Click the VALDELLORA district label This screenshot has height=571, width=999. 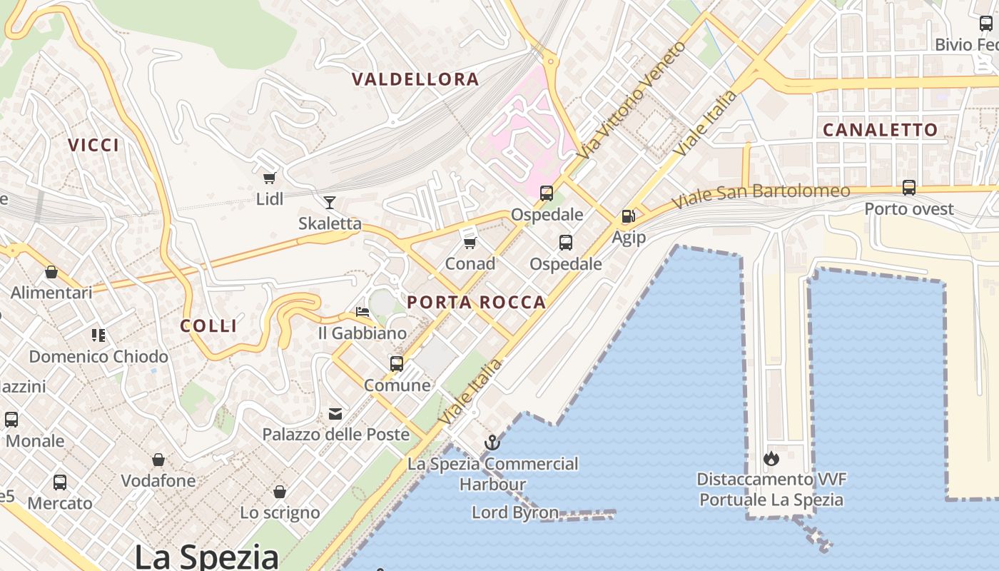click(x=415, y=79)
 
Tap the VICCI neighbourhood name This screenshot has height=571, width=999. click(x=93, y=145)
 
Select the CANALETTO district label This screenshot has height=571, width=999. click(x=880, y=130)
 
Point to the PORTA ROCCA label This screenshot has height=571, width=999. click(x=477, y=302)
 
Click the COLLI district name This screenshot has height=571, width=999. click(x=208, y=326)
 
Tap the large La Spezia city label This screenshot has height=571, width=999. click(x=207, y=555)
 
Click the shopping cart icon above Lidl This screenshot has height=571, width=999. click(x=269, y=178)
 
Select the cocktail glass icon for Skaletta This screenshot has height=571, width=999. click(x=330, y=202)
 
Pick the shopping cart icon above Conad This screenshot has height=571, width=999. click(x=470, y=243)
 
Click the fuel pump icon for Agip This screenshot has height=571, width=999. click(x=629, y=216)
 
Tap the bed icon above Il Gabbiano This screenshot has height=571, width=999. click(x=362, y=312)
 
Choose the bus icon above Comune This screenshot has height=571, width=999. click(x=397, y=364)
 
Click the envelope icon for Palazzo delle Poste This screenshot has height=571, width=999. click(x=335, y=413)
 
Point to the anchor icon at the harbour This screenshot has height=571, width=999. click(x=492, y=443)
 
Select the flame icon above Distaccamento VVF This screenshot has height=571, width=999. click(x=771, y=458)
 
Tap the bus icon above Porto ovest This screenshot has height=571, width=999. click(x=909, y=188)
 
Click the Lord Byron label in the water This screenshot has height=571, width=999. click(x=515, y=512)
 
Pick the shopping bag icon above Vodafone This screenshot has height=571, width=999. click(x=158, y=460)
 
